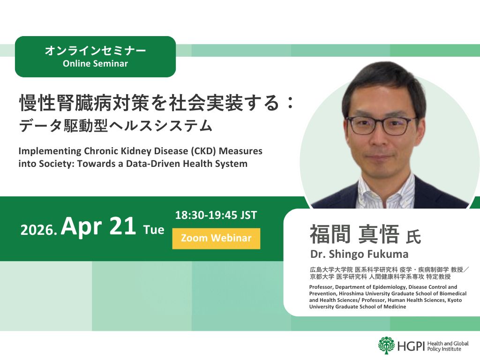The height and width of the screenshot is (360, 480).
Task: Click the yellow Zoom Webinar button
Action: tap(216, 238)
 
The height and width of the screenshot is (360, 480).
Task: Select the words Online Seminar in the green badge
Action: tap(95, 63)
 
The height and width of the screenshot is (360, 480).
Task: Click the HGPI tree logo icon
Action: tap(387, 345)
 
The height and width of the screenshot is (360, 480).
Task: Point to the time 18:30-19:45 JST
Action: tap(216, 216)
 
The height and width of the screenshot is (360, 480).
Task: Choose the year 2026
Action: tap(38, 231)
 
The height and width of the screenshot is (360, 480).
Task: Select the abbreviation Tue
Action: tap(154, 230)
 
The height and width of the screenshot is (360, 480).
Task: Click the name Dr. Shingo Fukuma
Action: tap(359, 255)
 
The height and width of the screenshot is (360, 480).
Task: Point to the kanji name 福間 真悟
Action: tap(354, 234)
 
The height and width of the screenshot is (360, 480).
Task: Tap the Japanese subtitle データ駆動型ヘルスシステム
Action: tap(116, 126)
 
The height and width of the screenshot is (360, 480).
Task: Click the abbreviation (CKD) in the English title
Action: tap(197, 151)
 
